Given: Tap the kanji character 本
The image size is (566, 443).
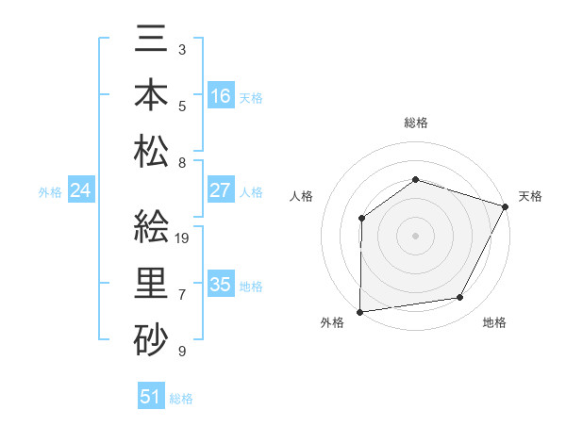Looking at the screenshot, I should pyautogui.click(x=152, y=97).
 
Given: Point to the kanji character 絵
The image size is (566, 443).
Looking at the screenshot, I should pyautogui.click(x=152, y=227).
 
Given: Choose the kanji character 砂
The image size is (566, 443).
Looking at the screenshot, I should pyautogui.click(x=152, y=336).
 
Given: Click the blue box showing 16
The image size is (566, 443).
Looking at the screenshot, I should pyautogui.click(x=221, y=96).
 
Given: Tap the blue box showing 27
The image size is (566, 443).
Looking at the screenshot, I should pyautogui.click(x=221, y=190).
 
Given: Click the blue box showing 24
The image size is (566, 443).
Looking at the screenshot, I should pyautogui.click(x=81, y=191).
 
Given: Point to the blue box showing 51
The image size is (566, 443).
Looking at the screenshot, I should pyautogui.click(x=151, y=397).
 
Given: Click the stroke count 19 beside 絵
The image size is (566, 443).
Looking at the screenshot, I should pyautogui.click(x=183, y=238).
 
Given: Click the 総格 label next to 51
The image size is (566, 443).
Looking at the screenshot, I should pyautogui.click(x=181, y=399).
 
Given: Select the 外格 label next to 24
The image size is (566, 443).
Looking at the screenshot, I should pyautogui.click(x=50, y=192).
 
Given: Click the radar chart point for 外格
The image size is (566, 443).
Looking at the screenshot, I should pyautogui.click(x=359, y=312).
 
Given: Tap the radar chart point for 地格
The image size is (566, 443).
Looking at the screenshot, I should pyautogui.click(x=460, y=298).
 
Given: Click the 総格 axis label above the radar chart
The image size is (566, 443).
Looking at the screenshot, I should pyautogui.click(x=416, y=123).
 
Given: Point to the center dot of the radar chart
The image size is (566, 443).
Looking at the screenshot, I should pyautogui.click(x=415, y=235).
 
